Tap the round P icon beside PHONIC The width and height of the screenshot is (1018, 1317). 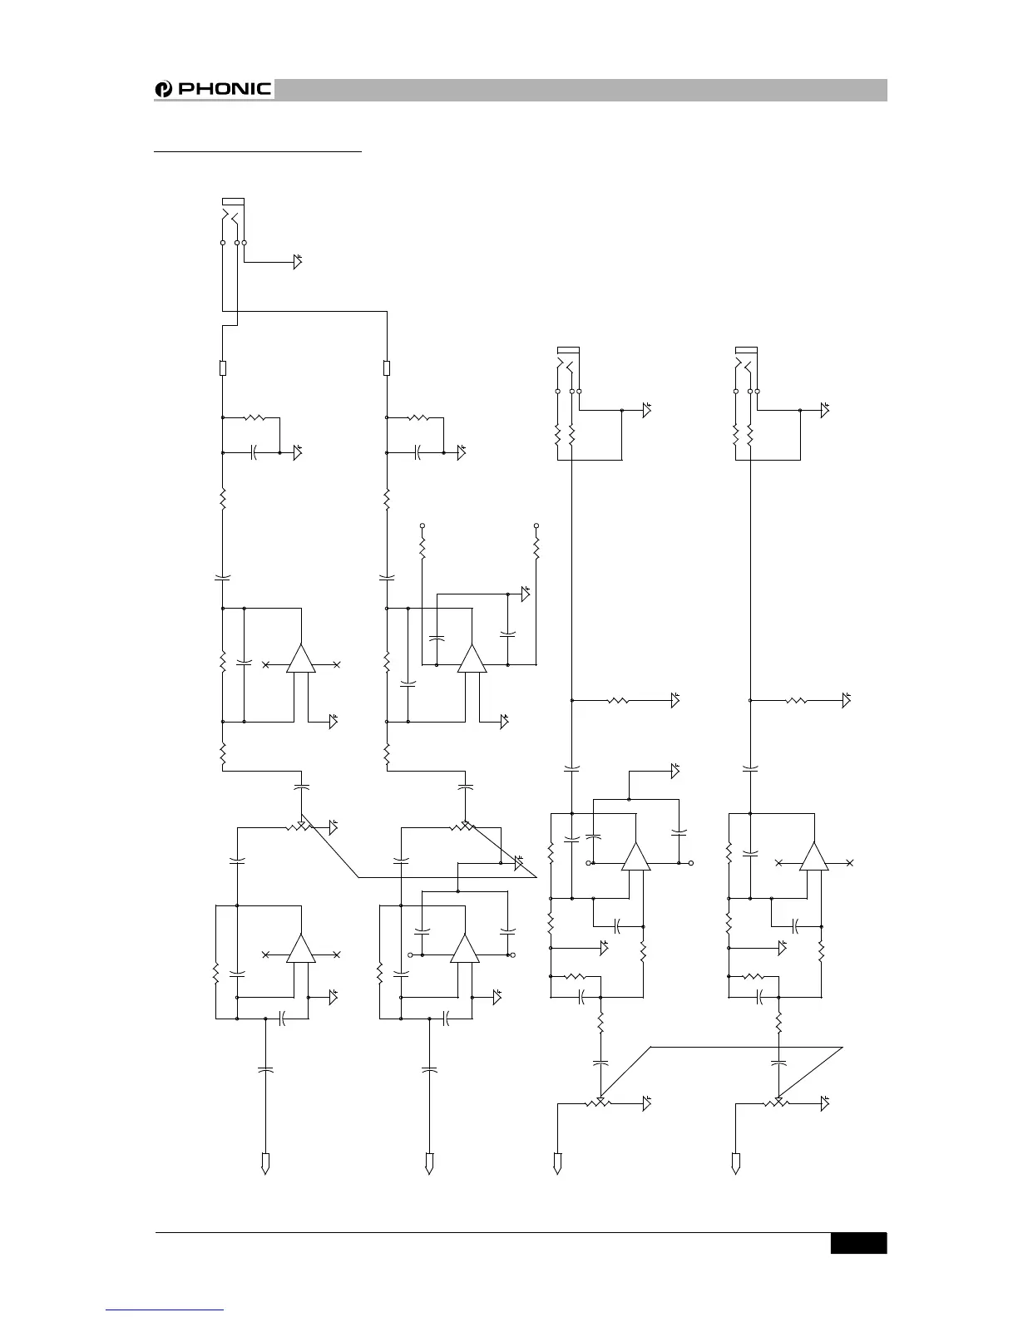click(163, 90)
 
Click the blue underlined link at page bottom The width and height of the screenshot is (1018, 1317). click(165, 1311)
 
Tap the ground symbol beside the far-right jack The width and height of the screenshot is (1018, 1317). click(825, 410)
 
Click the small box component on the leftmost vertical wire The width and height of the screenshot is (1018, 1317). click(223, 367)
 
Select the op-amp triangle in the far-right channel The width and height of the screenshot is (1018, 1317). click(814, 856)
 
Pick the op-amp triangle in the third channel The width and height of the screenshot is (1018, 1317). click(635, 856)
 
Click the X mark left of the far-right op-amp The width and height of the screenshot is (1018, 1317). click(778, 863)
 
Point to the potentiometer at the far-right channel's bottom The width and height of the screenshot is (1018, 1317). click(778, 1103)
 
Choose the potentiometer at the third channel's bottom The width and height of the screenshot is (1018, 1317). click(600, 1103)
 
